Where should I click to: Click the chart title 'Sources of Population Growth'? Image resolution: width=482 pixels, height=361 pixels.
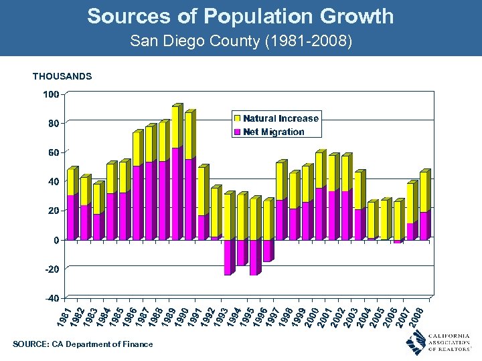tap(240, 16)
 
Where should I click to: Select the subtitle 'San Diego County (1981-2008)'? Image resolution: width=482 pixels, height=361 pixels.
tap(240, 41)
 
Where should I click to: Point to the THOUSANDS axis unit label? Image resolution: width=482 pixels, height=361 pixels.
tap(62, 77)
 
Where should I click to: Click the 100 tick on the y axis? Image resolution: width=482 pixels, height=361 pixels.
tap(51, 94)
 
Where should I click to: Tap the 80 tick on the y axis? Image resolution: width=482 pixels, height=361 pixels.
tap(52, 124)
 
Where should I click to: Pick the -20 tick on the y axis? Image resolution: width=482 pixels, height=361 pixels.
tap(51, 269)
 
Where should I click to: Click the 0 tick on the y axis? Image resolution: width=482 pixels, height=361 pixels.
tap(56, 240)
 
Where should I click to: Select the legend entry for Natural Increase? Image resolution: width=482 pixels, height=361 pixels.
tap(280, 118)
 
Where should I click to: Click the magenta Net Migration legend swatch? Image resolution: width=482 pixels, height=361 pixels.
tap(237, 132)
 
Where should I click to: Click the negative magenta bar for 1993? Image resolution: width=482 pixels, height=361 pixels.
tap(228, 257)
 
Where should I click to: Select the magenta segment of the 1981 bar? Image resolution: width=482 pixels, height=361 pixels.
tap(71, 217)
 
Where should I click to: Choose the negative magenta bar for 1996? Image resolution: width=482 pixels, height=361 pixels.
tap(268, 251)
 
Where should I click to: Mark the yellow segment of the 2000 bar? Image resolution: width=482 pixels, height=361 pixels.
tap(319, 170)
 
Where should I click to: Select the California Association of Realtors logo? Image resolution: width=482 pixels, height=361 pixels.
tap(438, 342)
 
